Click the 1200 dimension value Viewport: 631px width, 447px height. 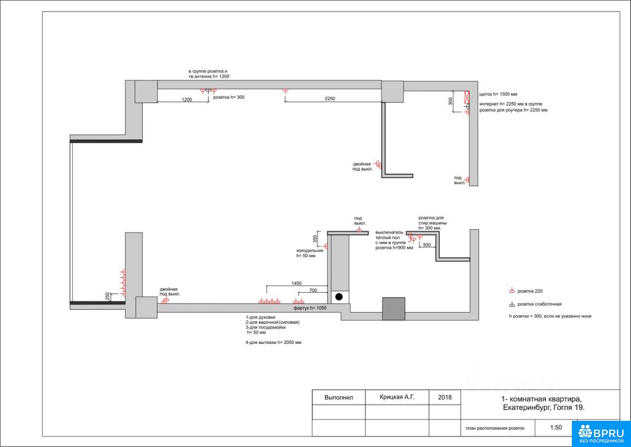click(x=187, y=100)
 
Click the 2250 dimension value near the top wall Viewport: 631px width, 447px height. click(x=330, y=98)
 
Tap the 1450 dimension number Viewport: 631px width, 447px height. click(x=296, y=283)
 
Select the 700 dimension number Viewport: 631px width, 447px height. click(x=313, y=290)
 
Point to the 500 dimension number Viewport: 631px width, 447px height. click(x=427, y=245)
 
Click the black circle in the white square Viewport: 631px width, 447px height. click(x=339, y=297)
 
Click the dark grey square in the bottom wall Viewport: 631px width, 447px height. click(x=393, y=309)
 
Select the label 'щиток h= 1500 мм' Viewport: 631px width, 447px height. click(x=498, y=94)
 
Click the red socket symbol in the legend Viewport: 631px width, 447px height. click(x=512, y=291)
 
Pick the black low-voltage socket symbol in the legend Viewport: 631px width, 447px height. click(x=512, y=304)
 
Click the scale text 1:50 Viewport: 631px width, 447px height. click(x=556, y=428)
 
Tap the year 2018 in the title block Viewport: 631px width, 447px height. click(x=445, y=397)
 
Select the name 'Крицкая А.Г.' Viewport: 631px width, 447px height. click(x=397, y=397)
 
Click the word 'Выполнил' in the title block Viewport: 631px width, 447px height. click(x=339, y=398)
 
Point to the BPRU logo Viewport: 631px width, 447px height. click(x=601, y=434)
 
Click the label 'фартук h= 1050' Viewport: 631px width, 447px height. click(x=310, y=308)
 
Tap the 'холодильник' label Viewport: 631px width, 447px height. click(x=310, y=251)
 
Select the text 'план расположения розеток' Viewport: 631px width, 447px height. click(x=495, y=428)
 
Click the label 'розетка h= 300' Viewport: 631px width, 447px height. click(x=229, y=97)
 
